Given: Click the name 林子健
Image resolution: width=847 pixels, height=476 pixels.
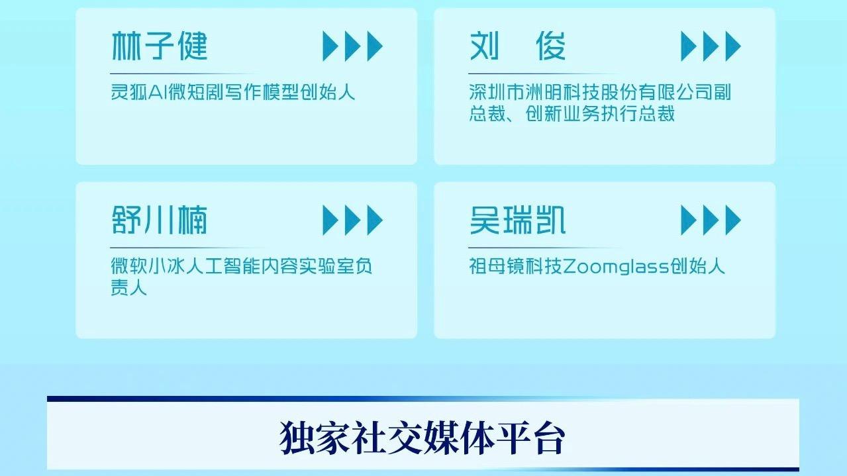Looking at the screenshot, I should pyautogui.click(x=160, y=46).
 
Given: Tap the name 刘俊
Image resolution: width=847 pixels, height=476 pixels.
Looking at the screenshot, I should pyautogui.click(x=517, y=46).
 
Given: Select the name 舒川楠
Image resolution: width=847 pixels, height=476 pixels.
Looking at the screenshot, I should pyautogui.click(x=160, y=220).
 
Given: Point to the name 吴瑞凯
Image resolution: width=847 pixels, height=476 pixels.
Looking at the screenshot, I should pyautogui.click(x=517, y=220).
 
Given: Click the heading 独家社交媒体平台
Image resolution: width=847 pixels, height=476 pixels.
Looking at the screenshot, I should pyautogui.click(x=423, y=438).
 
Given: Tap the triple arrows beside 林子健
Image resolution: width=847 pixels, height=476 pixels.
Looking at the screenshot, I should pyautogui.click(x=352, y=46).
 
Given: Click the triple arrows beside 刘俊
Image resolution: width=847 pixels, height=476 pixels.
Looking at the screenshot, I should pyautogui.click(x=711, y=46).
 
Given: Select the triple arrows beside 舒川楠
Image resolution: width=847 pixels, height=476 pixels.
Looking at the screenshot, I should pyautogui.click(x=352, y=220).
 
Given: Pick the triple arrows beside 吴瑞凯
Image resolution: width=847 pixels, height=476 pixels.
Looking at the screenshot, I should pyautogui.click(x=711, y=220).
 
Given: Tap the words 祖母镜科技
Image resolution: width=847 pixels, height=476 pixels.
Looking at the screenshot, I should pyautogui.click(x=516, y=267).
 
